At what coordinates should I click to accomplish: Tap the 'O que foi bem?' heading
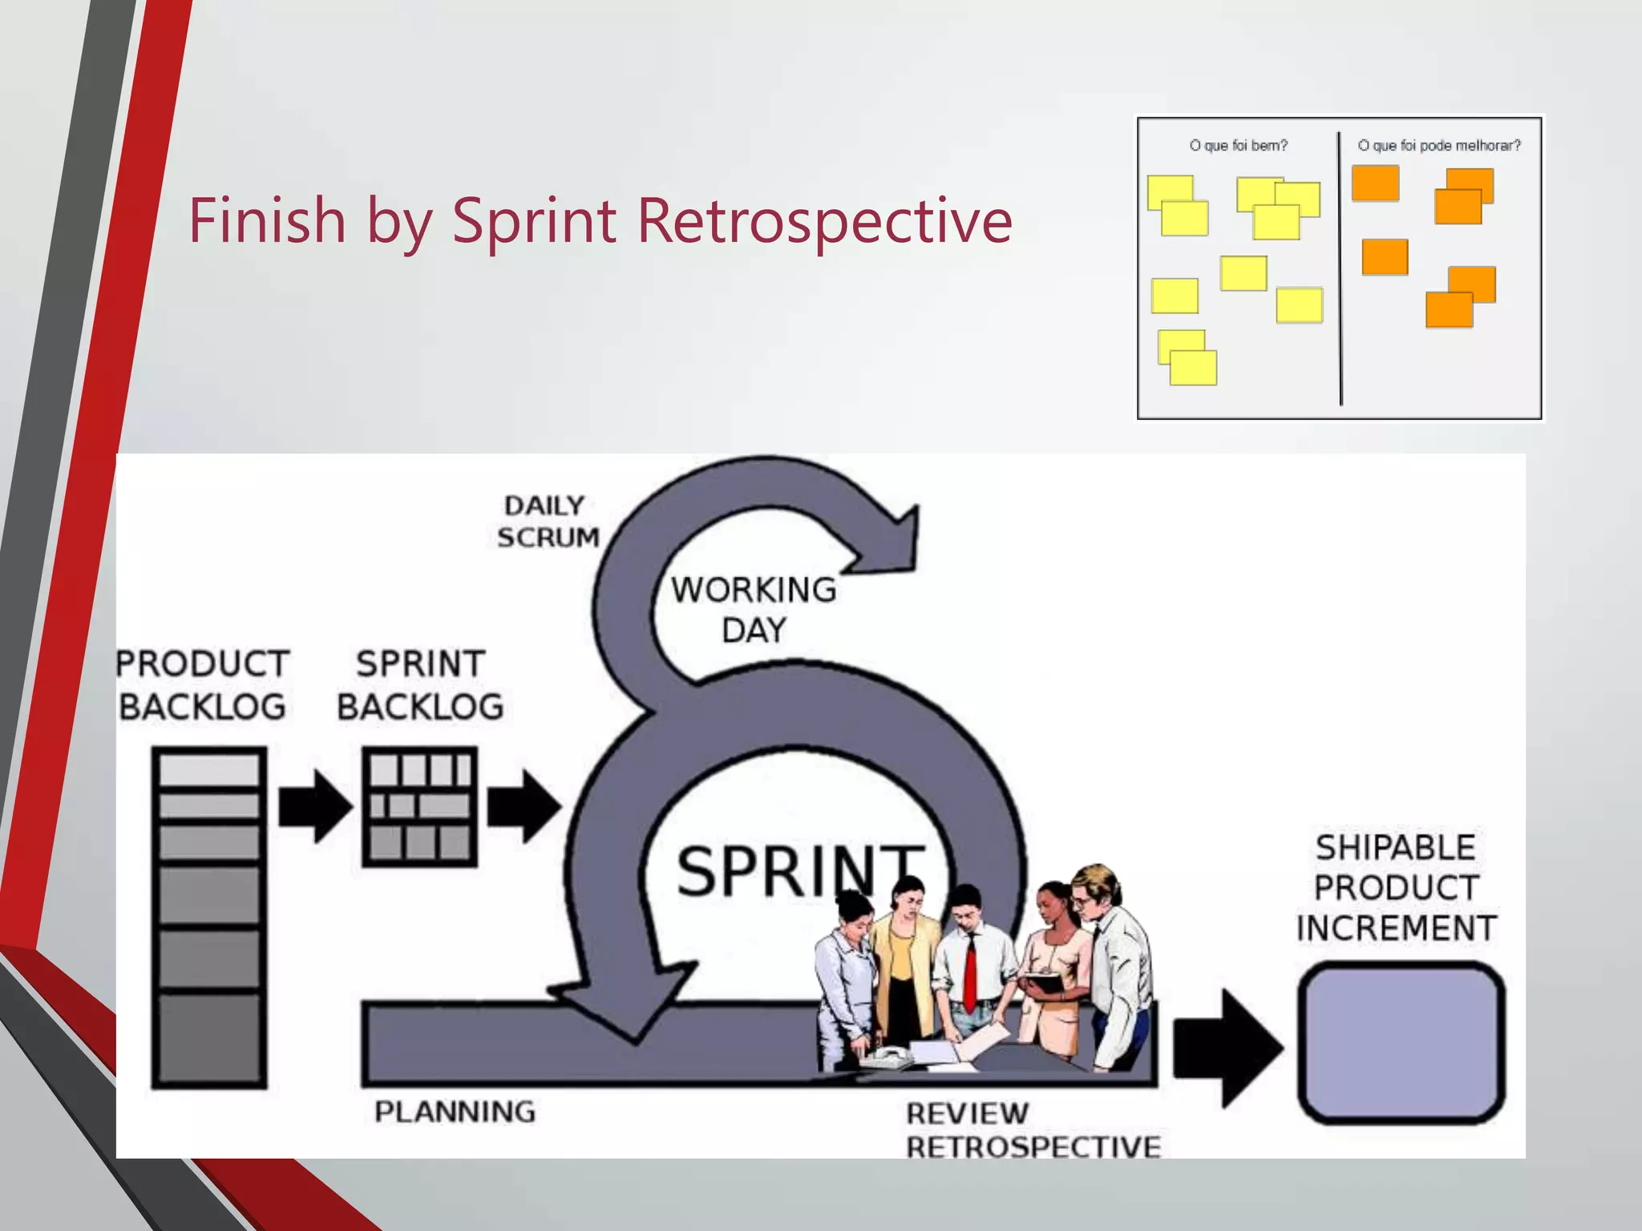tap(1238, 145)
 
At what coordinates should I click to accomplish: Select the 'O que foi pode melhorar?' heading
tap(1438, 145)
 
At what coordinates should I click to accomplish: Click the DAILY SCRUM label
tap(548, 522)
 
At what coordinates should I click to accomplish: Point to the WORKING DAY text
tap(754, 609)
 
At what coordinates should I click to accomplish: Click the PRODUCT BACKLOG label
tap(202, 685)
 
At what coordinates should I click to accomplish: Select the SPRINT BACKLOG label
tap(420, 685)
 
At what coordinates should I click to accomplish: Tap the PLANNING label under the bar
tap(455, 1112)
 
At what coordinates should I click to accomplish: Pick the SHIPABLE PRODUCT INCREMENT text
tap(1396, 888)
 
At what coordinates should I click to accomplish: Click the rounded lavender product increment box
tap(1401, 1043)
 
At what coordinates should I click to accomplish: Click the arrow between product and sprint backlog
tap(313, 806)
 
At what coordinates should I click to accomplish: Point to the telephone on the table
tap(886, 1058)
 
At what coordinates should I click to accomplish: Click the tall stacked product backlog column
tap(209, 917)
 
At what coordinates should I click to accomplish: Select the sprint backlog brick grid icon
tap(420, 806)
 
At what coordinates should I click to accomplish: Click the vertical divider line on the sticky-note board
tap(1340, 268)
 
